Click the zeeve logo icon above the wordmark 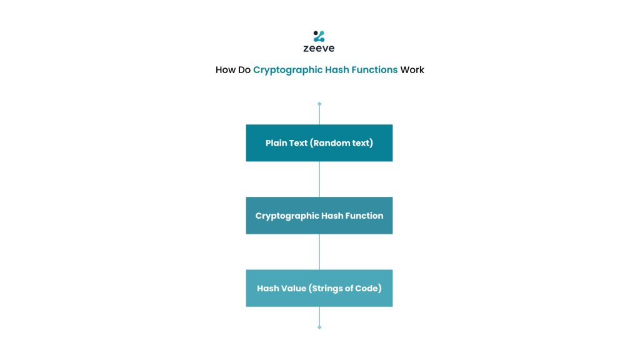(319, 36)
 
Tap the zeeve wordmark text (319, 48)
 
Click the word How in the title (226, 70)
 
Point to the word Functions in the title (374, 70)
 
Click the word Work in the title (412, 70)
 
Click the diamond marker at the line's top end (319, 104)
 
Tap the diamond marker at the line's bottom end (319, 327)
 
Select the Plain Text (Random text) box (319, 143)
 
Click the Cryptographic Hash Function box (319, 216)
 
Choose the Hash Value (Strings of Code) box (319, 288)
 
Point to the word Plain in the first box (275, 143)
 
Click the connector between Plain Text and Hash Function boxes (319, 179)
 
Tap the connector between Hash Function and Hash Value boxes (319, 252)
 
